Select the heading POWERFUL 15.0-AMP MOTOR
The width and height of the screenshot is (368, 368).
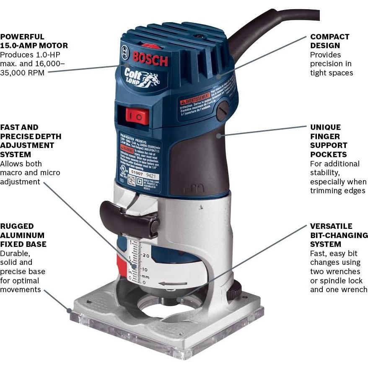coord(34,41)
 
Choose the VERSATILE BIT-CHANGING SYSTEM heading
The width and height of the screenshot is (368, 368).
coord(339,235)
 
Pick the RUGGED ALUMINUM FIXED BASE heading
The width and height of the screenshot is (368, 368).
coord(23,235)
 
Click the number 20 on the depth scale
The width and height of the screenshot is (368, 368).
coord(146,255)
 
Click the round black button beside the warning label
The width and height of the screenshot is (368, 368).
coord(222,110)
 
